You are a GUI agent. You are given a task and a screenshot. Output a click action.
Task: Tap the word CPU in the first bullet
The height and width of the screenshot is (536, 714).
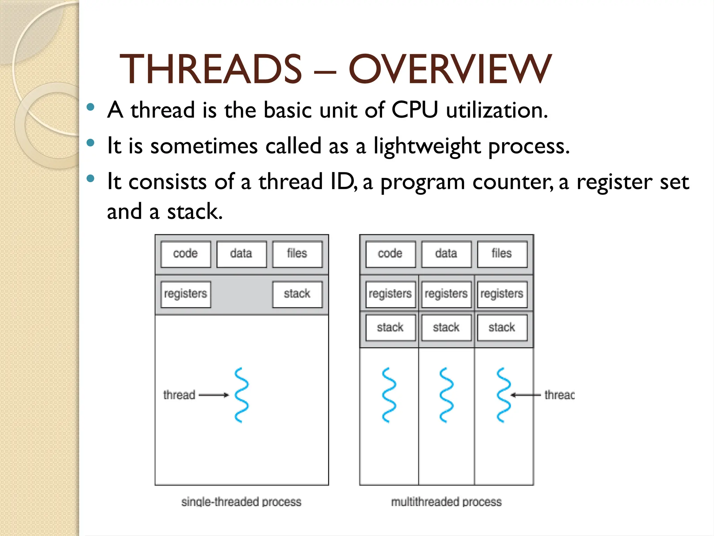415,110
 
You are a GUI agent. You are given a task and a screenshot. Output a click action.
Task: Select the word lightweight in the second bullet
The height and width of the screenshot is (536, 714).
427,146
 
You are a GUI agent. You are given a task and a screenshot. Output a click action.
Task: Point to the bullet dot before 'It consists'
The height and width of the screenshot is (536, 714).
91,179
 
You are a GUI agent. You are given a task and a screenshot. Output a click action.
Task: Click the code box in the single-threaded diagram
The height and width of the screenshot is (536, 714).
185,254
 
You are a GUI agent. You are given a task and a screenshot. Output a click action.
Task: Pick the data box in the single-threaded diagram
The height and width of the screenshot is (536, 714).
241,254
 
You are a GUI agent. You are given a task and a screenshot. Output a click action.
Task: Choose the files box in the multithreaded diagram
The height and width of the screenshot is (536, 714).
502,254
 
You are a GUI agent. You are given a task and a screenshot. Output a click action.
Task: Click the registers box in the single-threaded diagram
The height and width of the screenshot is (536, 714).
185,294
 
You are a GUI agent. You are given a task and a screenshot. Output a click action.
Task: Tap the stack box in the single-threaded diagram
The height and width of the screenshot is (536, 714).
297,294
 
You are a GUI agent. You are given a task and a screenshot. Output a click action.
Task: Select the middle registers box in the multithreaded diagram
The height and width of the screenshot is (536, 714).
446,294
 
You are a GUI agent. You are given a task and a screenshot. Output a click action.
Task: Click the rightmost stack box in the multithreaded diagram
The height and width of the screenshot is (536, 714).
502,328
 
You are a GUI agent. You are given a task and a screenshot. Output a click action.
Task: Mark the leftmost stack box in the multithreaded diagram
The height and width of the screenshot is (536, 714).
390,328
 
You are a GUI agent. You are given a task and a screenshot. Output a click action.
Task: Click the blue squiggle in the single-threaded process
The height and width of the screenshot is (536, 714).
242,395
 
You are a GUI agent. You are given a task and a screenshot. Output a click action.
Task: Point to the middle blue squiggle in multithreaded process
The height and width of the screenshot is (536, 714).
446,395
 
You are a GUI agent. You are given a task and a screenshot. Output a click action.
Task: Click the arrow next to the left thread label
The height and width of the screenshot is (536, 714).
214,395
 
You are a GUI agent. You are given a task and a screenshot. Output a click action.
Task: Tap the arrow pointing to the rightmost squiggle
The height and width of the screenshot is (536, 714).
526,395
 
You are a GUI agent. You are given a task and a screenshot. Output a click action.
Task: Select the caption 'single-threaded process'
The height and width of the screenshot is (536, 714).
241,502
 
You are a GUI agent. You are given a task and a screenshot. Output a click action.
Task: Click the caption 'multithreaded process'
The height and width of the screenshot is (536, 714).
446,502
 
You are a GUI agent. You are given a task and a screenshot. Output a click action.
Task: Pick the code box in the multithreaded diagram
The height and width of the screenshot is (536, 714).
390,254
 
